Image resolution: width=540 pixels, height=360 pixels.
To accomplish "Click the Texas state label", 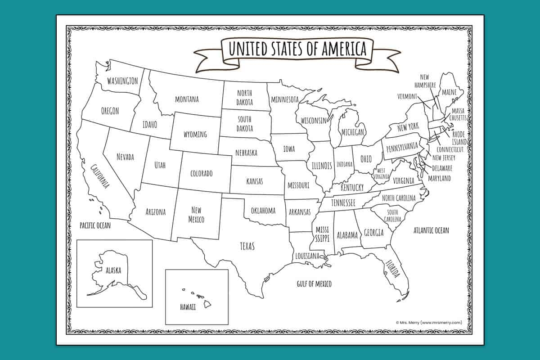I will (x=247, y=246).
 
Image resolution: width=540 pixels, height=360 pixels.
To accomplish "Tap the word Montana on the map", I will (x=187, y=99).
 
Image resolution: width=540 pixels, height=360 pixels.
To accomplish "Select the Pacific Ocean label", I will (x=95, y=225).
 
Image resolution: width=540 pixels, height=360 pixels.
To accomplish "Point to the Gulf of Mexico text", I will (x=314, y=283).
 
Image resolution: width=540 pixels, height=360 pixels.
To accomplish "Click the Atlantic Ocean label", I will (x=431, y=230).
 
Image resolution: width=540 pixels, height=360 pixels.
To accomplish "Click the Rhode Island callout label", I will (x=459, y=138).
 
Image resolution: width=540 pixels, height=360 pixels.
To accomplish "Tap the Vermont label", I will (x=407, y=96).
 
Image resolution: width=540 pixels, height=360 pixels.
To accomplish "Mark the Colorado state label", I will (x=201, y=173).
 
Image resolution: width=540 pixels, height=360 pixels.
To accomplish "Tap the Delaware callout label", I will (x=442, y=168).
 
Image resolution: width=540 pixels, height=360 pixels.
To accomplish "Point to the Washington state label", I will (x=122, y=81).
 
